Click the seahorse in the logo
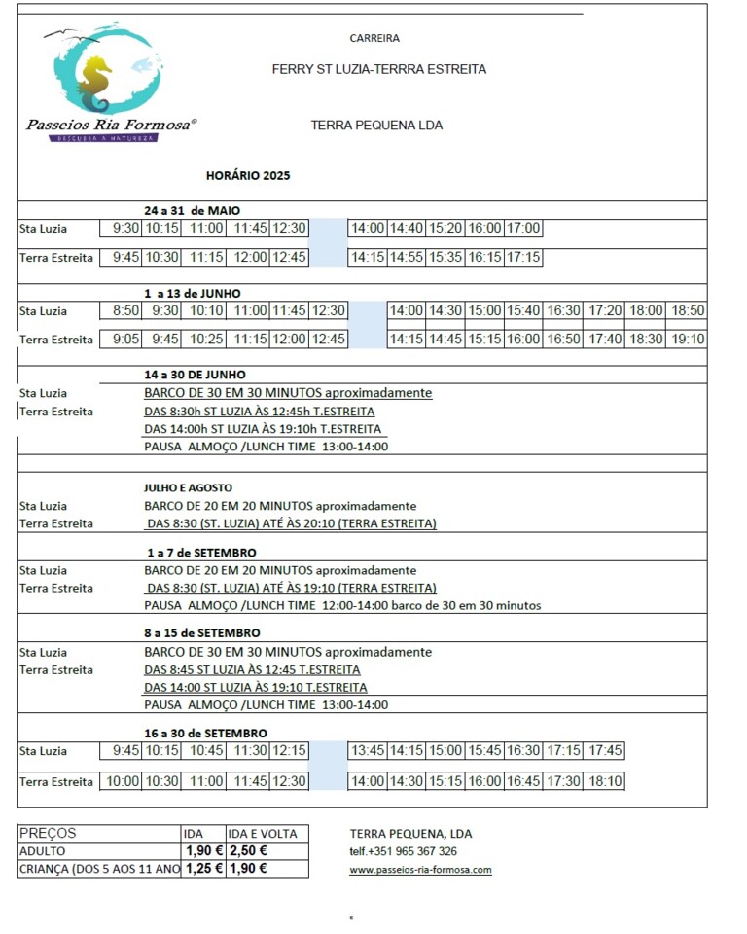click(x=95, y=84)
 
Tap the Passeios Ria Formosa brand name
click(x=111, y=125)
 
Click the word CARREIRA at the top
click(x=374, y=38)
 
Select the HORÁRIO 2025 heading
click(x=248, y=176)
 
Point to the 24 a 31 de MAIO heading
click(x=192, y=210)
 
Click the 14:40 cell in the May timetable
click(x=407, y=229)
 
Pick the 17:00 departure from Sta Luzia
click(x=523, y=229)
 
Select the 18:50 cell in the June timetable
click(x=688, y=311)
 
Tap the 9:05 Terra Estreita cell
click(x=125, y=340)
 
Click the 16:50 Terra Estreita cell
click(x=563, y=340)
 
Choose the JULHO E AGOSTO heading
click(x=189, y=487)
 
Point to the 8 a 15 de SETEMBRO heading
click(x=202, y=632)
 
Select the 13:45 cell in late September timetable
click(x=369, y=751)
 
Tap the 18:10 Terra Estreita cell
click(x=606, y=781)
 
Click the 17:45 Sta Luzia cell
click(x=606, y=751)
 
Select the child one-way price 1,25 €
click(x=204, y=869)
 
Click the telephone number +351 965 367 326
click(x=404, y=851)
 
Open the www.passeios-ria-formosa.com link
click(x=420, y=870)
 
